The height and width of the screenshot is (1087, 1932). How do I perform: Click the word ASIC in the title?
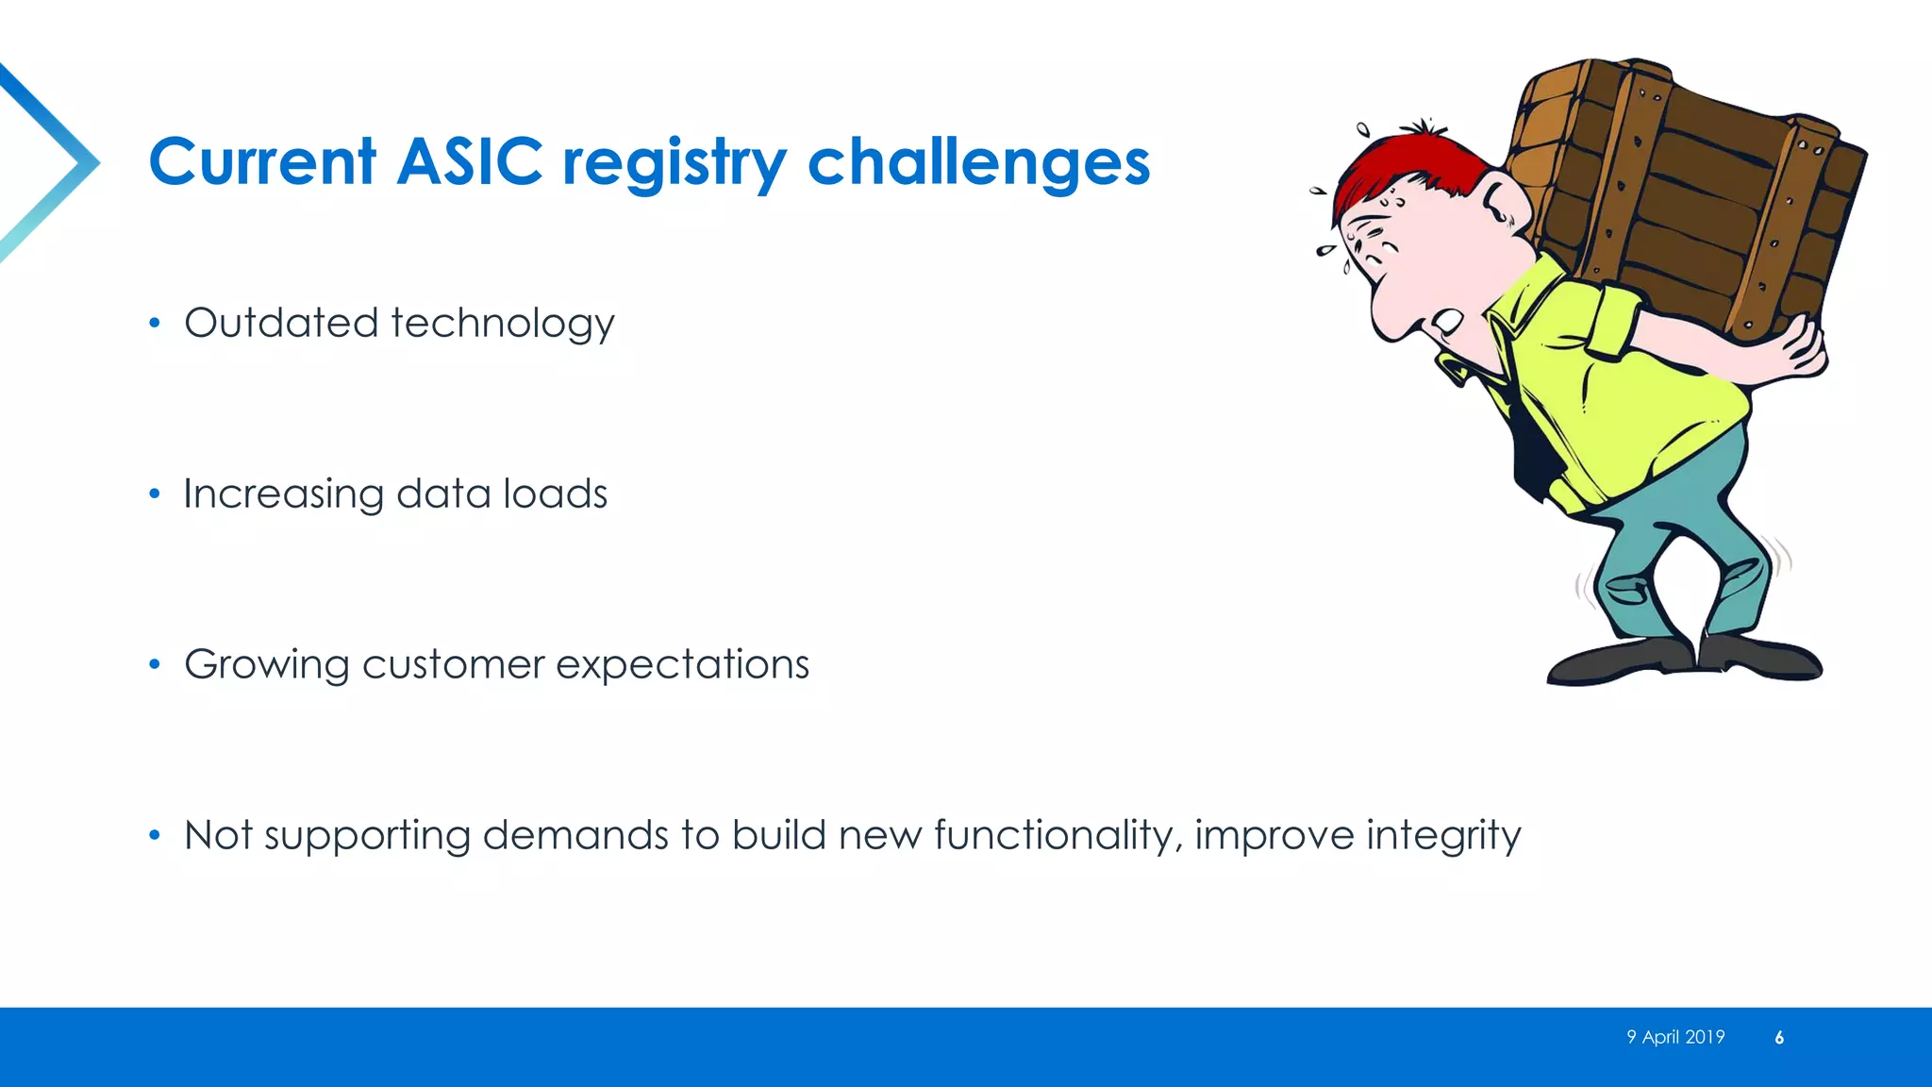(x=469, y=161)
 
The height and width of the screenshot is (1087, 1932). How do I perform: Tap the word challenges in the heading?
(x=978, y=161)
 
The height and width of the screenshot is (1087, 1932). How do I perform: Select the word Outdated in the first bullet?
(x=281, y=323)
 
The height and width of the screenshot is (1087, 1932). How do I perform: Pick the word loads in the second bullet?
(x=555, y=493)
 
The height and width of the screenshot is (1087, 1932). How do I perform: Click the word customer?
(x=453, y=665)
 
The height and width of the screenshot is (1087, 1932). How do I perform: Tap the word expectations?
(x=682, y=665)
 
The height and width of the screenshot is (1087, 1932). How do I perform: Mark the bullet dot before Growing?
(x=155, y=665)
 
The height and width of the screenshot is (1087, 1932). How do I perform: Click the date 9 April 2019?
(x=1674, y=1037)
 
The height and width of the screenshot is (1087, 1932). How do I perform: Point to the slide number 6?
(x=1778, y=1038)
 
